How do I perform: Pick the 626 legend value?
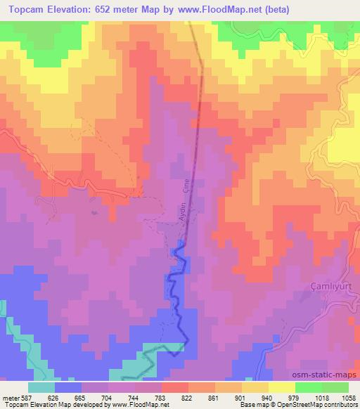[x=56, y=397]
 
